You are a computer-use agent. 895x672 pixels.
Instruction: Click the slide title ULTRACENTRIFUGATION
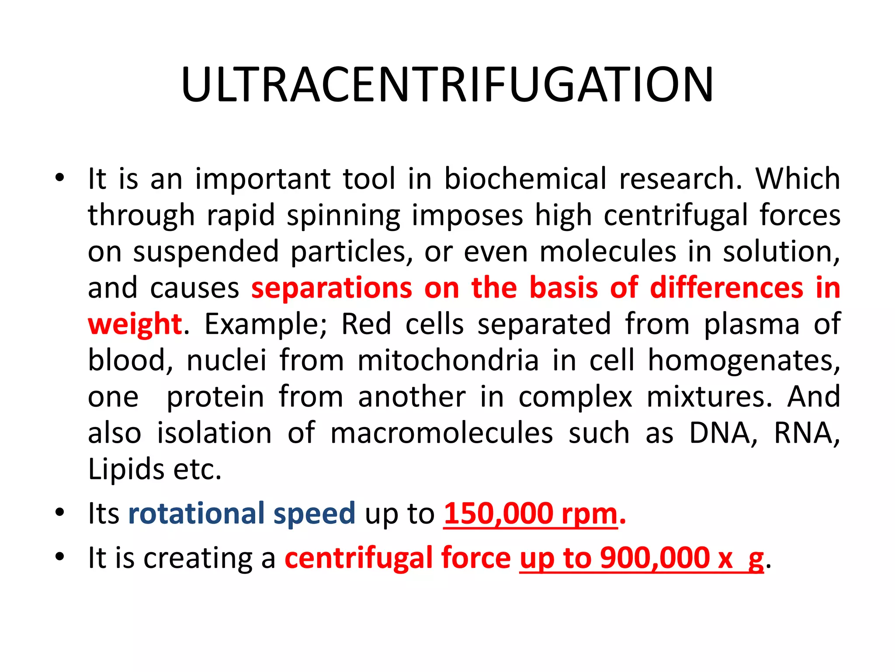(x=447, y=85)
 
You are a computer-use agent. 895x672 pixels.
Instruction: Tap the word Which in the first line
(x=798, y=179)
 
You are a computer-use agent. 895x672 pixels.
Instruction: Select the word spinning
(x=343, y=216)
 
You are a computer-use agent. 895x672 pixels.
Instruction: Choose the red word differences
(x=726, y=288)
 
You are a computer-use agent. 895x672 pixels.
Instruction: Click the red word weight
(x=135, y=325)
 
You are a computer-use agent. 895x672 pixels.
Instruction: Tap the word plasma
(x=752, y=325)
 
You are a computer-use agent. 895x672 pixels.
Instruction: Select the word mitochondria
(x=448, y=361)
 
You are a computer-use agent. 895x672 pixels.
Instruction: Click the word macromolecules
(x=441, y=433)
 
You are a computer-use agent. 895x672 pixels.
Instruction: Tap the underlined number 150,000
(x=498, y=514)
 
